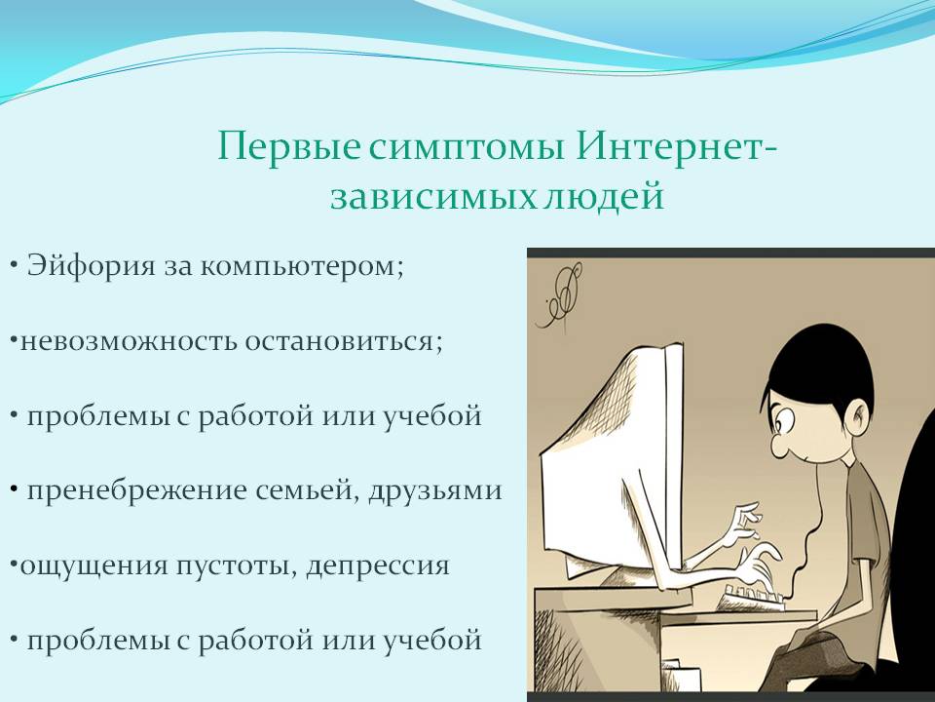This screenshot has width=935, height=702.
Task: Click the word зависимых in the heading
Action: click(433, 196)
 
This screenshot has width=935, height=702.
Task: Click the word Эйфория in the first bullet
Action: click(92, 266)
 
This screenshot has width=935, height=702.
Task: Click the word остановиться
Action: click(344, 341)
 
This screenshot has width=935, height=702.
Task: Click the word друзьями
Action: click(435, 491)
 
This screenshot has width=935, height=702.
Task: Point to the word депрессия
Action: click(378, 565)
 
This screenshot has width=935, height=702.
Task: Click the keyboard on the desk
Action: click(754, 598)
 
